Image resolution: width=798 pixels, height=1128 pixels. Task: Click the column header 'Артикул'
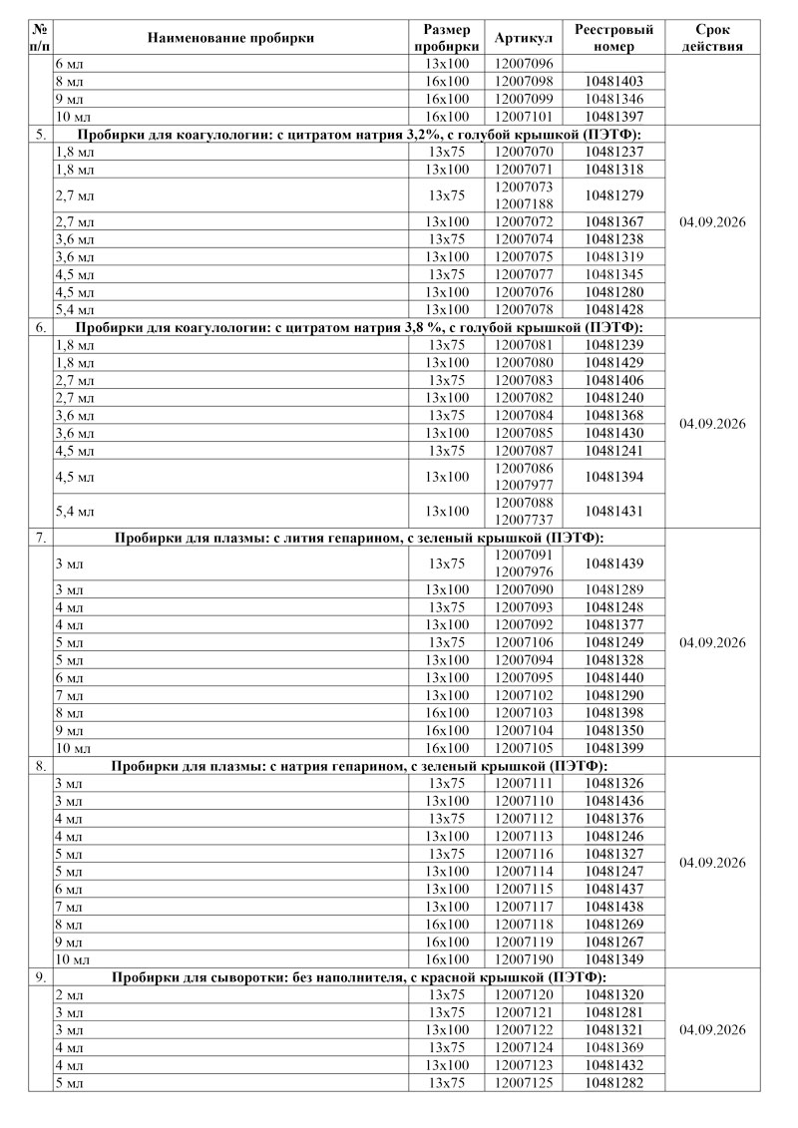[x=524, y=38]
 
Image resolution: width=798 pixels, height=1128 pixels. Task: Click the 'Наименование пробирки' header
[x=230, y=38]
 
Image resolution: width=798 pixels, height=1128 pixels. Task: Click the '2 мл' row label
[x=69, y=994]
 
